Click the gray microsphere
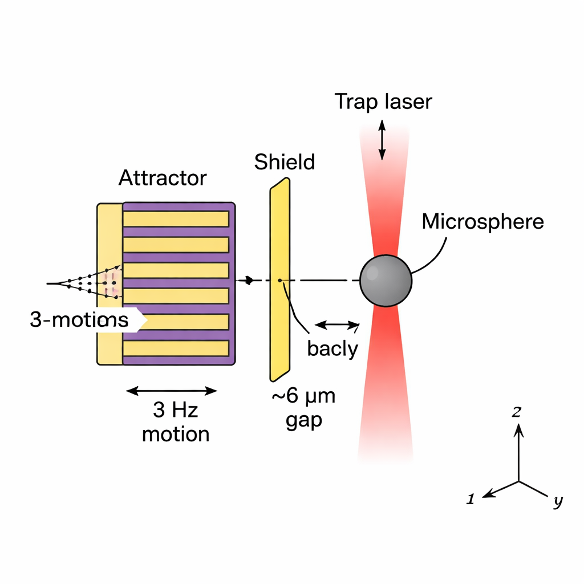[x=386, y=281]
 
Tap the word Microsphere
[x=482, y=221]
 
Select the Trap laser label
[x=383, y=102]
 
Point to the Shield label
[x=284, y=162]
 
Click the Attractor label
[x=162, y=179]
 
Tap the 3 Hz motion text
[x=175, y=422]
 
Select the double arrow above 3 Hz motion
[x=172, y=391]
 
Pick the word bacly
[x=332, y=348]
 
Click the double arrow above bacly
[x=337, y=325]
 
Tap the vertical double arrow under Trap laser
[x=382, y=139]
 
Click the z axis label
[x=516, y=412]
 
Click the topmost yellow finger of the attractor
[x=176, y=218]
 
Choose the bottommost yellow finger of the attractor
[x=176, y=348]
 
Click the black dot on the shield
[x=279, y=280]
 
